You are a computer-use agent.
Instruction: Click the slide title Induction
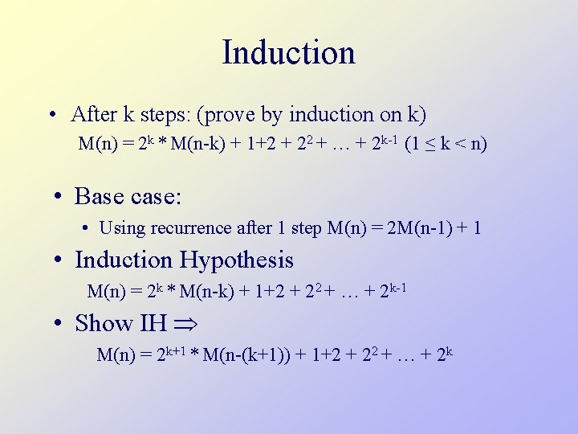pyautogui.click(x=288, y=53)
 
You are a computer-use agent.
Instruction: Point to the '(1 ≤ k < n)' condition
pyautogui.click(x=446, y=145)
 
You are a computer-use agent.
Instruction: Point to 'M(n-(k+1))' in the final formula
pyautogui.click(x=247, y=354)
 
